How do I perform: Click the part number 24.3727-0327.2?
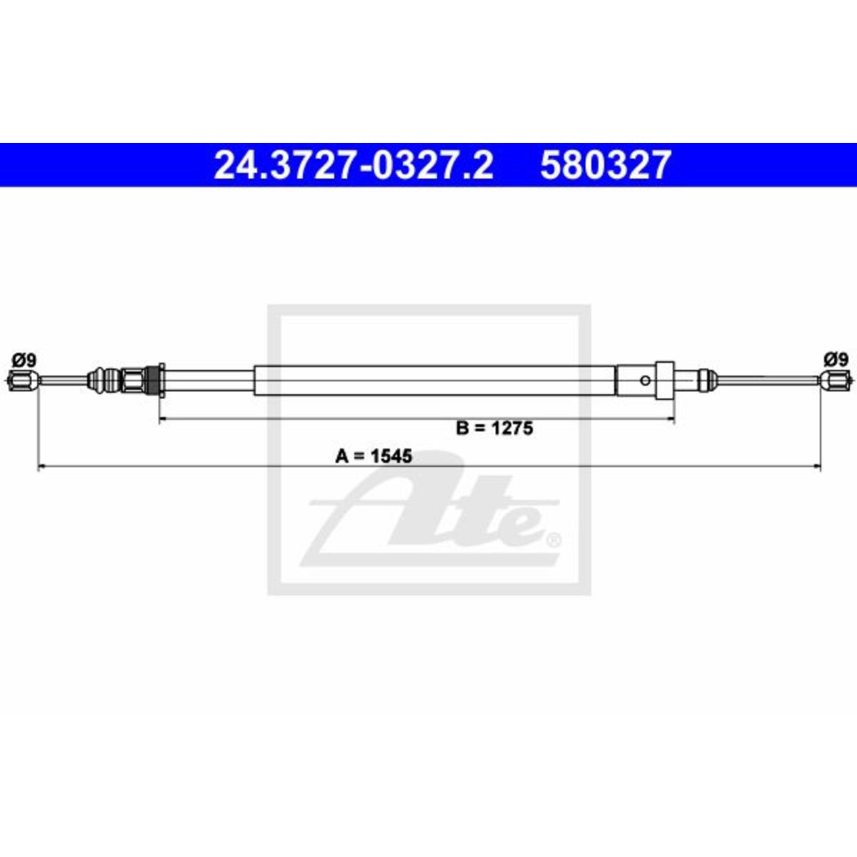pos(354,165)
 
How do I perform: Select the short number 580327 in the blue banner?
pos(605,165)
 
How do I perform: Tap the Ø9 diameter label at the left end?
pos(24,360)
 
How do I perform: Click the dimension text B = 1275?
pos(494,428)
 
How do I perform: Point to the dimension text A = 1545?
pos(374,456)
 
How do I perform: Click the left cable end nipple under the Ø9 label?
pos(23,380)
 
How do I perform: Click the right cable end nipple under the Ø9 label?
pos(835,380)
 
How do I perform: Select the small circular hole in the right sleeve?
pos(646,380)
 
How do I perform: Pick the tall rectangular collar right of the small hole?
pos(666,380)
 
